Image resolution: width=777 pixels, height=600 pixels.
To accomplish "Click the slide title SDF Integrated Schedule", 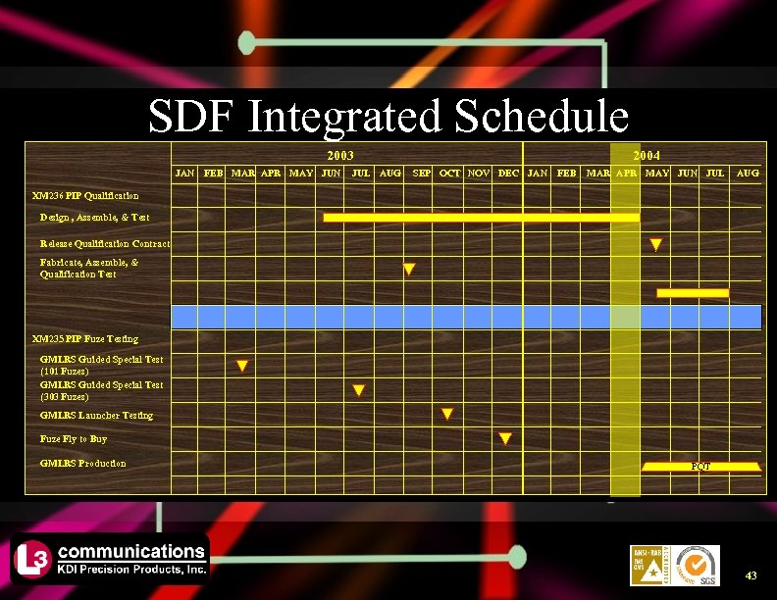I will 388,117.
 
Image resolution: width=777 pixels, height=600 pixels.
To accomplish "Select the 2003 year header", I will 339,156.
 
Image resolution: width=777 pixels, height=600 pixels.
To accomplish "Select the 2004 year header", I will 647,156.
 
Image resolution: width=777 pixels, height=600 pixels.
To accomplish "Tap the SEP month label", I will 421,174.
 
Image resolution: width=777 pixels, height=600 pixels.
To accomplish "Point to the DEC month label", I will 508,174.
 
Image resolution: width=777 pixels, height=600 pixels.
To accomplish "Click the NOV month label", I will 479,174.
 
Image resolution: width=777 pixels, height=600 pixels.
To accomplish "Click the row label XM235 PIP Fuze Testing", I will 85,339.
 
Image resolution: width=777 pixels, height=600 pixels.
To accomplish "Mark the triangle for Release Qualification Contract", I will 655,244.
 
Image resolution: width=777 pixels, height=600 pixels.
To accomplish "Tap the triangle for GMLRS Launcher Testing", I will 447,415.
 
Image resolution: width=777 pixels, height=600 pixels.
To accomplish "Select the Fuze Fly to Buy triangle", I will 505,438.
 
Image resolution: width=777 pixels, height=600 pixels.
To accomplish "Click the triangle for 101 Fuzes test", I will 241,367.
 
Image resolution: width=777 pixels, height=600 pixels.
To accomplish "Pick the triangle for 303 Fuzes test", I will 359,390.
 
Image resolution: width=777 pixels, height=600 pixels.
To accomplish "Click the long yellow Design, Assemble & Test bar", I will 481,217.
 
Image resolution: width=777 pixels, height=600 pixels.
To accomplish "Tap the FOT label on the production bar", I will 699,467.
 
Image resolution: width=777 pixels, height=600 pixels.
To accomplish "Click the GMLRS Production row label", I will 82,463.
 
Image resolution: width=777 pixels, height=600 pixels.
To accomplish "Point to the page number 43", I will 751,575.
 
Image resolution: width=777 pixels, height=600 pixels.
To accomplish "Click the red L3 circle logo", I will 28,560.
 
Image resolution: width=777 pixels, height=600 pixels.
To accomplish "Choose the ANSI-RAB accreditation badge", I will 647,566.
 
